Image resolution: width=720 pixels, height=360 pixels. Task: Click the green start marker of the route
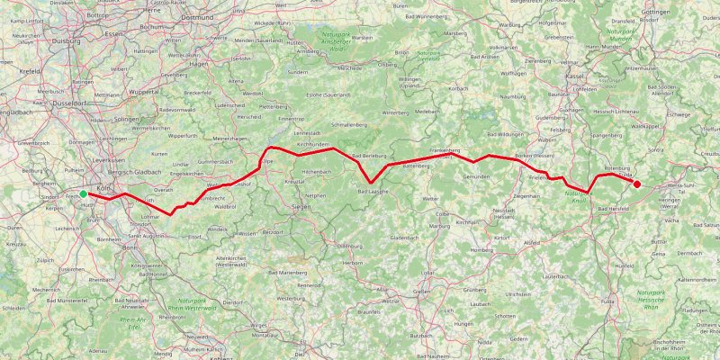pyautogui.click(x=83, y=193)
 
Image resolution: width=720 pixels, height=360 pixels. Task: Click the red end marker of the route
pyautogui.click(x=637, y=184)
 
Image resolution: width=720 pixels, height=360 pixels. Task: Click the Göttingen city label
pyautogui.click(x=681, y=12)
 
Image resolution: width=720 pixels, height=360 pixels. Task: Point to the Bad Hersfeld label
pyautogui.click(x=609, y=208)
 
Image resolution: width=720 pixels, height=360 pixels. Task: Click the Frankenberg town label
pyautogui.click(x=445, y=150)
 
